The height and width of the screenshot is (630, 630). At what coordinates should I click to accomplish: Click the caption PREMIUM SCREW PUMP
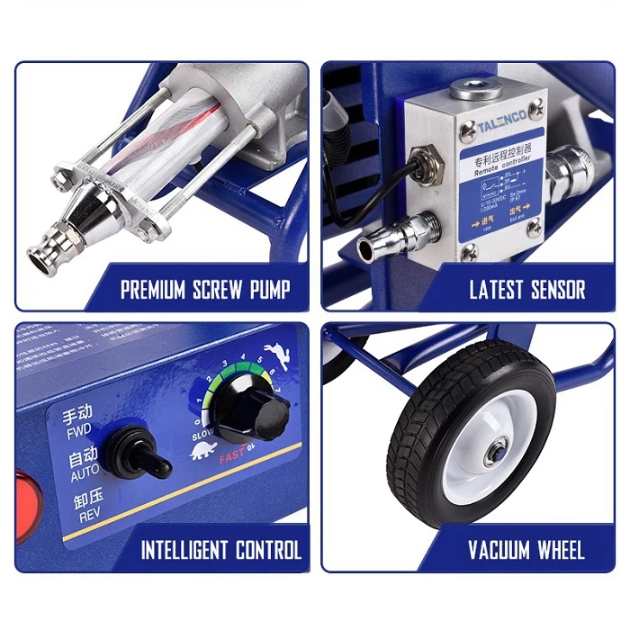[205, 290]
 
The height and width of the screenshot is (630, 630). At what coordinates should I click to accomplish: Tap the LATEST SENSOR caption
[526, 290]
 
